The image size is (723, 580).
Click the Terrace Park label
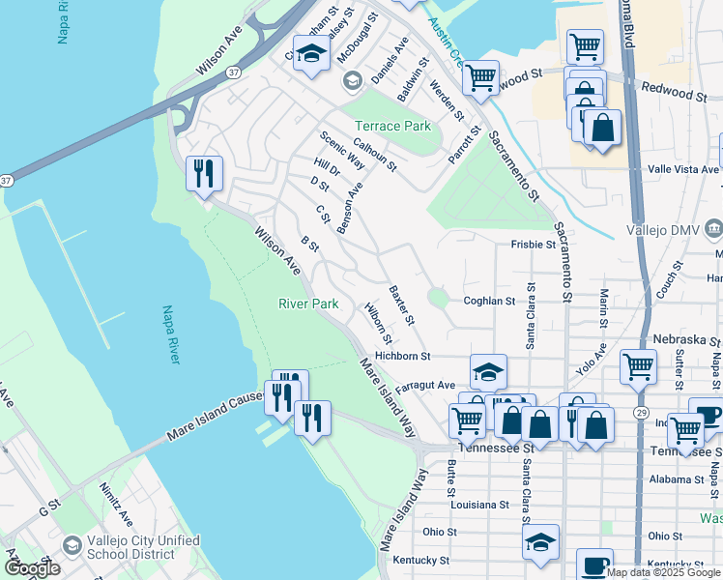pos(392,127)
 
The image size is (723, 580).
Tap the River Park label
pos(308,304)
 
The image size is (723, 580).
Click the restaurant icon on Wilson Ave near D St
pos(204,174)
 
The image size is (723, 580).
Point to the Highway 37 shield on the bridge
pos(234,72)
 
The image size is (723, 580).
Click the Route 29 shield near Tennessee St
pos(640,441)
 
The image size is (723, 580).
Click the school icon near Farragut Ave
pos(489,371)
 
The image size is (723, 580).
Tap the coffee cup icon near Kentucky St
pos(594,564)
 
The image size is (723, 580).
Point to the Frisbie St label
pos(533,245)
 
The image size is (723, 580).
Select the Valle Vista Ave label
pos(683,169)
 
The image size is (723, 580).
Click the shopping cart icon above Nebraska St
pos(638,366)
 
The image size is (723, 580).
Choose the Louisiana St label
pos(479,505)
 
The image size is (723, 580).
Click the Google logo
pos(32,567)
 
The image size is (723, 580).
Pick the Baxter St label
pos(402,304)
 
